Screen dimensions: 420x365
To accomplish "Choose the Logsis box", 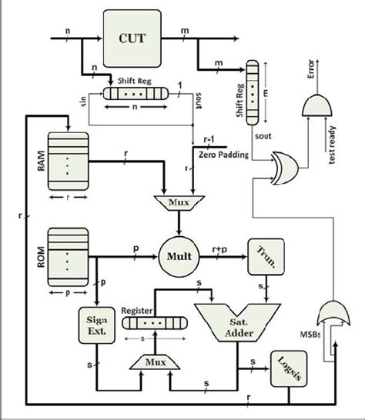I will [x=286, y=366].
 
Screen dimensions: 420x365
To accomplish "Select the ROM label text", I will [x=39, y=252].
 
